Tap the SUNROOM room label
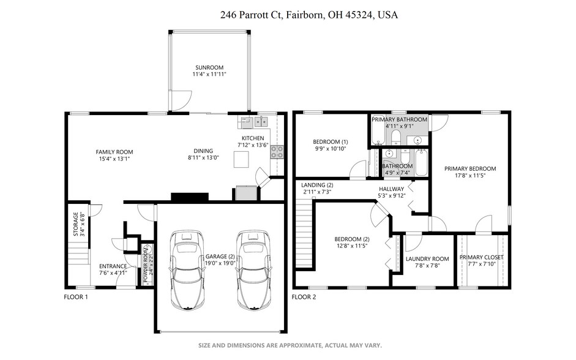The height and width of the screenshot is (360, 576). (x=209, y=67)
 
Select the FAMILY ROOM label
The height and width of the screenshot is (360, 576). (x=114, y=152)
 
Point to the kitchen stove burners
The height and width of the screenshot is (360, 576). (x=277, y=152)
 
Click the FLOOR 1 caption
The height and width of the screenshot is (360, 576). (x=76, y=297)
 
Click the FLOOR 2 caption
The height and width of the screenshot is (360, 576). (x=304, y=297)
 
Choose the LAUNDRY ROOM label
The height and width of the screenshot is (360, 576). (x=427, y=258)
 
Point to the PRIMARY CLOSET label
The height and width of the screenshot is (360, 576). (x=481, y=257)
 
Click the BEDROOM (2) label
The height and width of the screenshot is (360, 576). (x=351, y=239)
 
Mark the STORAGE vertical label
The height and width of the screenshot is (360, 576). (x=76, y=224)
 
